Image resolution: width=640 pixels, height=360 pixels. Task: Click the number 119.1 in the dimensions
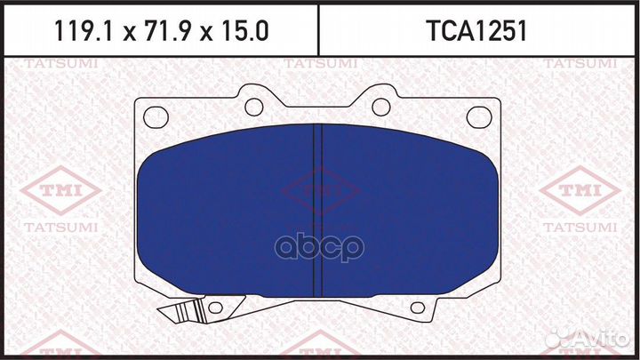tap(79, 31)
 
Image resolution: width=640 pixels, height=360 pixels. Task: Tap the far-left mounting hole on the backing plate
tap(156, 116)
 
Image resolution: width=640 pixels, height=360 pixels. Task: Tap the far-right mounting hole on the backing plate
tap(480, 116)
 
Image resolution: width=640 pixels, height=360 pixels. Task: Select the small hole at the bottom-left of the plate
tap(214, 308)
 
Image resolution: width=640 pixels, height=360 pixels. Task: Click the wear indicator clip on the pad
tap(181, 313)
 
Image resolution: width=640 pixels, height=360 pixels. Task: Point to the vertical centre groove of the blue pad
tap(319, 209)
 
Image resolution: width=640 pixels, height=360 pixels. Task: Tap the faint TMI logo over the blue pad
tap(320, 189)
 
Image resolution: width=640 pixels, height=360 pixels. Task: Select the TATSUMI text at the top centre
tap(319, 64)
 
